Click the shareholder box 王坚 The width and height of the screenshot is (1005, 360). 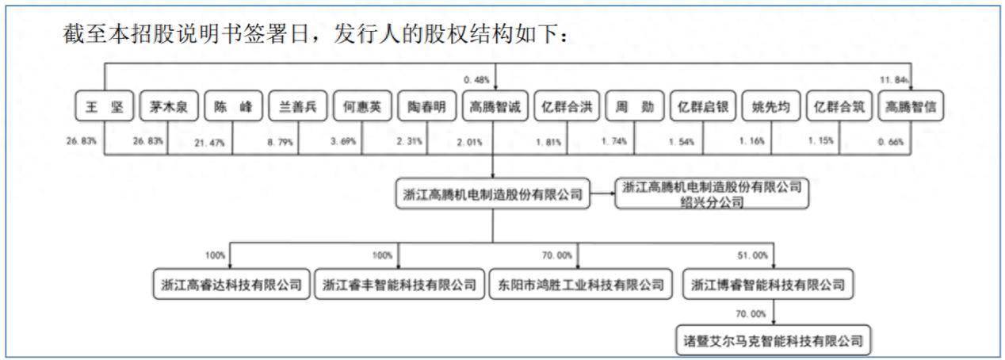click(x=105, y=106)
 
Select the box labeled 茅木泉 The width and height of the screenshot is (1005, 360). click(x=169, y=106)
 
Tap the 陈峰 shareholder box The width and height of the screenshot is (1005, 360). click(x=233, y=106)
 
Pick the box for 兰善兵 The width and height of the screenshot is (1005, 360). click(x=298, y=106)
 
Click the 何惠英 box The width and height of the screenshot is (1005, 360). click(x=362, y=106)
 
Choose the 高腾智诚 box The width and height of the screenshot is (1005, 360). click(x=495, y=106)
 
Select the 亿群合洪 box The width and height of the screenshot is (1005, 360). click(x=567, y=106)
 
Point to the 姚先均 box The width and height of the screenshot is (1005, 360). click(x=771, y=106)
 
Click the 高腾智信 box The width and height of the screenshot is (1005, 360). click(x=911, y=106)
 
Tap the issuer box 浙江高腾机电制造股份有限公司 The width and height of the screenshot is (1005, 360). click(x=493, y=194)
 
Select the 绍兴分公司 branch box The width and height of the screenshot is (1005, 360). click(x=712, y=194)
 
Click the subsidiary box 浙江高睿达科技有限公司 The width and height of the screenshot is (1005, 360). click(x=231, y=284)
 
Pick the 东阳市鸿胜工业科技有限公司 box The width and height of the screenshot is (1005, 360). click(x=580, y=284)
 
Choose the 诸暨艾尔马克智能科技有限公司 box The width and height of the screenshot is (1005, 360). click(x=774, y=340)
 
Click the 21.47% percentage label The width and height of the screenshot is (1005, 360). click(x=209, y=144)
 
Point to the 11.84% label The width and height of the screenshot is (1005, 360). click(x=894, y=80)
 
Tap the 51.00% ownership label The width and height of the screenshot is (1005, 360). click(x=752, y=255)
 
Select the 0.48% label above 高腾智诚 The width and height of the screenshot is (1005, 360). click(x=476, y=80)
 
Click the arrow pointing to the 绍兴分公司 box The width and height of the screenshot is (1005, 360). click(x=602, y=194)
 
